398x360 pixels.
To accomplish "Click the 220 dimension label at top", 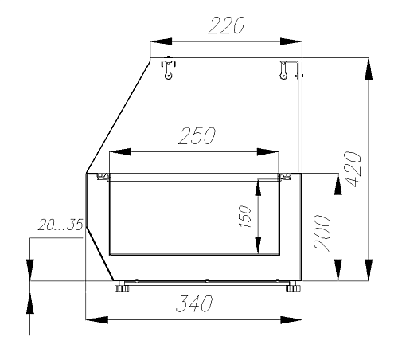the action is [x=226, y=25].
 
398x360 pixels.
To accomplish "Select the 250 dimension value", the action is [x=197, y=136].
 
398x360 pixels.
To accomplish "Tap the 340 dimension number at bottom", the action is [x=194, y=303].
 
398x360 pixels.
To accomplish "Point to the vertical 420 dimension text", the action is [x=353, y=169].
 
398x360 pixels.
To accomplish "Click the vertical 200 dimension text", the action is [x=322, y=233].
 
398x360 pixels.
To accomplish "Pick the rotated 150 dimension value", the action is [x=245, y=217].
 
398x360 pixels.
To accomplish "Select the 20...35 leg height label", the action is [x=60, y=225].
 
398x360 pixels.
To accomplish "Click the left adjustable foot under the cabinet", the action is [x=122, y=288].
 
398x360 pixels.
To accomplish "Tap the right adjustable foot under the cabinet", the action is [x=293, y=288].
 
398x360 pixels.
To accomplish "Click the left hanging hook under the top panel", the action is [x=168, y=68].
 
